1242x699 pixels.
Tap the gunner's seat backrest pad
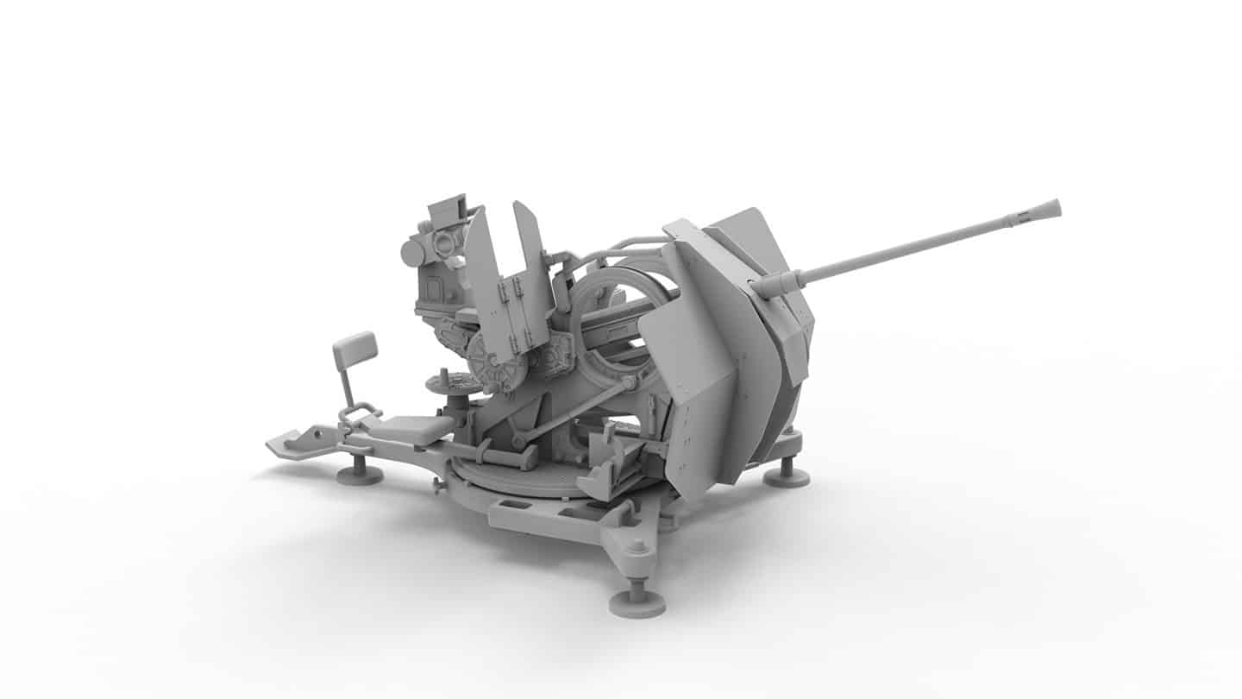coord(354,347)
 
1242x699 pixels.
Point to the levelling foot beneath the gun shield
coord(786,474)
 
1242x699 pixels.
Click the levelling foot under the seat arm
coord(360,473)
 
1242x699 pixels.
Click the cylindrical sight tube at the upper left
coord(413,252)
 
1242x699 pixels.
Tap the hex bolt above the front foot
coord(637,546)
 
